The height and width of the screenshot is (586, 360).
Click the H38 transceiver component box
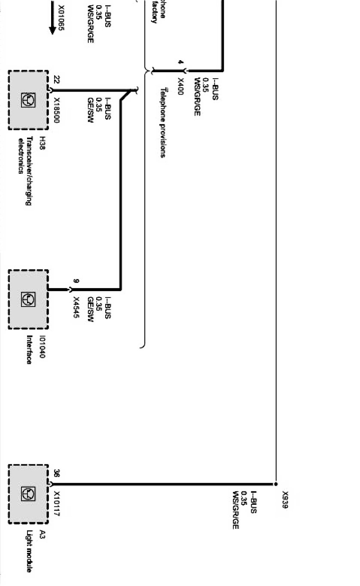pyautogui.click(x=28, y=100)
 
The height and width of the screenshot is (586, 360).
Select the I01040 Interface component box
pyautogui.click(x=28, y=299)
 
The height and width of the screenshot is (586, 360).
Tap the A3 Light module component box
pyautogui.click(x=28, y=494)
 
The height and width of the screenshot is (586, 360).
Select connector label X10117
pyautogui.click(x=57, y=504)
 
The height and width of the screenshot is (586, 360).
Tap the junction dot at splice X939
pyautogui.click(x=275, y=484)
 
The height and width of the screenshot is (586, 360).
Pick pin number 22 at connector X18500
pyautogui.click(x=57, y=80)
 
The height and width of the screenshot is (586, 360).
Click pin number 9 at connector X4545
pyautogui.click(x=76, y=281)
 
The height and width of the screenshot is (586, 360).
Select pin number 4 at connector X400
pyautogui.click(x=181, y=63)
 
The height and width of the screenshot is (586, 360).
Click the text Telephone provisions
pyautogui.click(x=163, y=123)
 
